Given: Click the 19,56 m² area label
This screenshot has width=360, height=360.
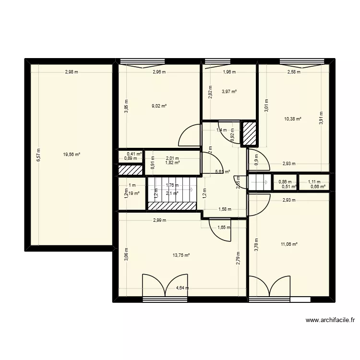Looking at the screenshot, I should point(71,155).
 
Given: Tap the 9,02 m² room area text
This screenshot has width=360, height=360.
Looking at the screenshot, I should point(159,106).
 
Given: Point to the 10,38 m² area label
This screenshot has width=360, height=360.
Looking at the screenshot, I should point(293,119).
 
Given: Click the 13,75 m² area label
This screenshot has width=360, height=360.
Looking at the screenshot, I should point(181,255).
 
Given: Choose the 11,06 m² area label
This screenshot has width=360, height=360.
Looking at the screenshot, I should point(289,244).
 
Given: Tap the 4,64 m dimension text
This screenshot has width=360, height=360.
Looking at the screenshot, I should point(182,288).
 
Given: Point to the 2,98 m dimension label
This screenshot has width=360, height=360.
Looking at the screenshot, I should point(72,72).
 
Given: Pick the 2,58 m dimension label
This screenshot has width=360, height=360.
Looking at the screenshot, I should point(293,72).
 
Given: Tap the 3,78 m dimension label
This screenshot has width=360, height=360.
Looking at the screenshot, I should point(256,245).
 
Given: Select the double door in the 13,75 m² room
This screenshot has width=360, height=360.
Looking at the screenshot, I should point(164,287).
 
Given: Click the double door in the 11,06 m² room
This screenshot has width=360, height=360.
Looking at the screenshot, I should point(270,287).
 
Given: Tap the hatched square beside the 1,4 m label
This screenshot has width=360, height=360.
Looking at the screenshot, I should point(250,133).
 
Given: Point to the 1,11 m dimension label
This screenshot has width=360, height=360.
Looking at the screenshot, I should point(314,181).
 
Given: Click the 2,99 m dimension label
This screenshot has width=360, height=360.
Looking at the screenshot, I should point(159,220).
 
